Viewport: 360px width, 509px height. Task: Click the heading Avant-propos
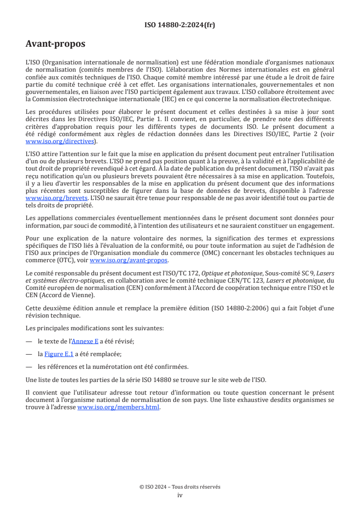pos(55,44)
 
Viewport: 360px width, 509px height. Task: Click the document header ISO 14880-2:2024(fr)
pos(180,25)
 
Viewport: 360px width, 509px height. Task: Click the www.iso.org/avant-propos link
pos(129,260)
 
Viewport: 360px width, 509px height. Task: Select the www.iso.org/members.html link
pos(118,407)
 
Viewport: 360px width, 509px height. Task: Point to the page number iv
pos(180,495)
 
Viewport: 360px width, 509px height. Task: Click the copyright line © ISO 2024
pos(180,487)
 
